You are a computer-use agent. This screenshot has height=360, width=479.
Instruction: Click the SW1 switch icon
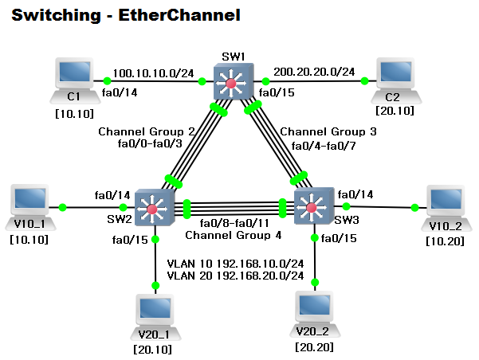pyautogui.click(x=232, y=84)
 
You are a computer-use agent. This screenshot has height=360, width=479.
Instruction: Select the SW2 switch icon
pyautogui.click(x=151, y=209)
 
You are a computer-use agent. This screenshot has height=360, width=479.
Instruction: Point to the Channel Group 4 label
pyautogui.click(x=233, y=236)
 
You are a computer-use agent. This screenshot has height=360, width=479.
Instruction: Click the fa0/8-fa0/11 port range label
pyautogui.click(x=234, y=223)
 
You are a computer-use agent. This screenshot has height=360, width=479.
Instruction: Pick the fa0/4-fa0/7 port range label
pyautogui.click(x=328, y=145)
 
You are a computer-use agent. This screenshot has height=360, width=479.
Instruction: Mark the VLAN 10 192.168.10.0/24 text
pyautogui.click(x=235, y=263)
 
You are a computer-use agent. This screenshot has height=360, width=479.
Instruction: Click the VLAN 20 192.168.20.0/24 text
pyautogui.click(x=235, y=276)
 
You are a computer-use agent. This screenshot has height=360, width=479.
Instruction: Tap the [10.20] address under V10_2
pyautogui.click(x=442, y=240)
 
